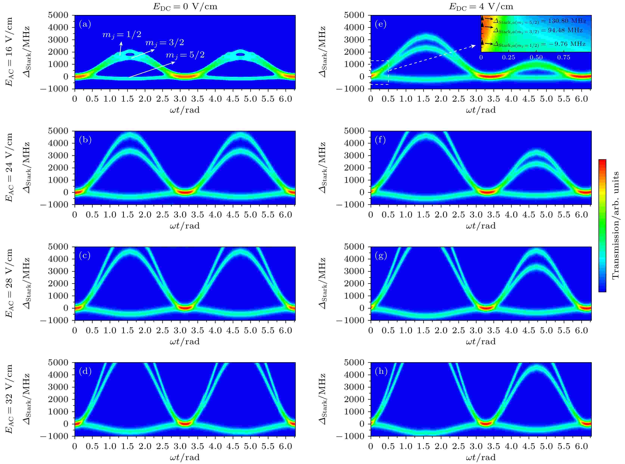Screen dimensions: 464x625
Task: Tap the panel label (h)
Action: coord(381,372)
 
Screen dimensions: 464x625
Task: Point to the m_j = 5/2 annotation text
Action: coord(185,55)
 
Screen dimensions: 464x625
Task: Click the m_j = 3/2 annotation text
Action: coord(165,43)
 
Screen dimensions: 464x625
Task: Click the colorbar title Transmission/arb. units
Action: coord(615,225)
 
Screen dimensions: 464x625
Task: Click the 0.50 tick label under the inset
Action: coord(536,58)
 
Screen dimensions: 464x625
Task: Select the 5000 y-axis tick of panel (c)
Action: coord(58,247)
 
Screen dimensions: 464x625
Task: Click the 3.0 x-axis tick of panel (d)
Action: coord(180,446)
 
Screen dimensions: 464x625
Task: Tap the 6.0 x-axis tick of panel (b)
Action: coord(285,215)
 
